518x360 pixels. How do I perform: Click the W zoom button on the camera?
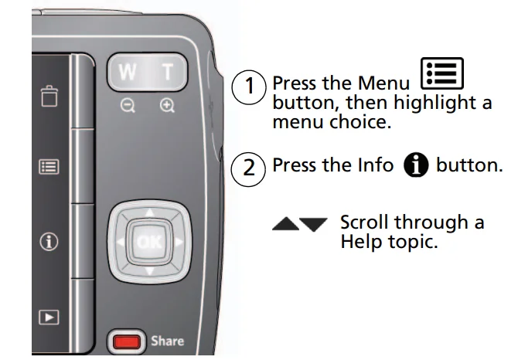(126, 74)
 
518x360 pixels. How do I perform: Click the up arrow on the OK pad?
(149, 212)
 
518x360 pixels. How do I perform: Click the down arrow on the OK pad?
(149, 271)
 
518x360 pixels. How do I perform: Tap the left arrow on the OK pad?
(120, 242)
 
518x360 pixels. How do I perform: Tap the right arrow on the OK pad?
(179, 242)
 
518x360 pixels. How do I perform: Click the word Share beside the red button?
(168, 340)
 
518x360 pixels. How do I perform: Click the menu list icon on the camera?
(49, 165)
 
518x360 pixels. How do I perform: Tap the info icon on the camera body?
(49, 242)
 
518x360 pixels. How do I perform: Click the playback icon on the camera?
(49, 317)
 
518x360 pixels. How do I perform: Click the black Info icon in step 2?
(417, 165)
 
